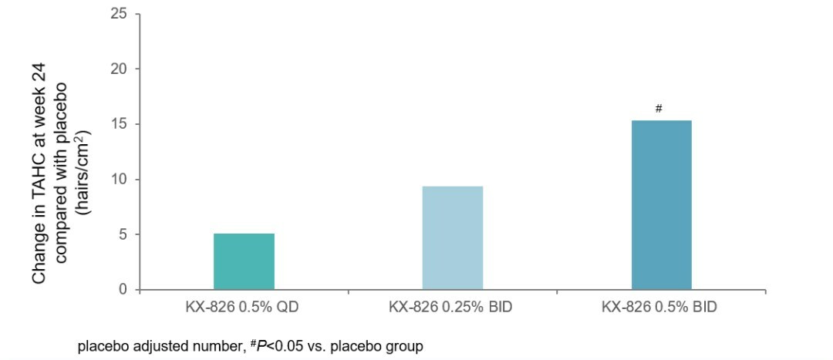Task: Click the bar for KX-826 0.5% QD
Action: [244, 261]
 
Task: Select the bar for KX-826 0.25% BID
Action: [453, 237]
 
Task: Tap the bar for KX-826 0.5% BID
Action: [661, 205]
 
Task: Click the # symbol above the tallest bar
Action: [659, 109]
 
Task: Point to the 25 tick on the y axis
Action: [118, 14]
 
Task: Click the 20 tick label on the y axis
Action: [118, 69]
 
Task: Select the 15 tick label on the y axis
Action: [118, 124]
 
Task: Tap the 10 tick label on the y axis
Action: [118, 180]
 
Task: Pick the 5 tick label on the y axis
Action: [122, 234]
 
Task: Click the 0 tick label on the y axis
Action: [122, 290]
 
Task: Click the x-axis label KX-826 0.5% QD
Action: [244, 307]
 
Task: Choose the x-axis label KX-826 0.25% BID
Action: [453, 307]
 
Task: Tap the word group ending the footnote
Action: [406, 347]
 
